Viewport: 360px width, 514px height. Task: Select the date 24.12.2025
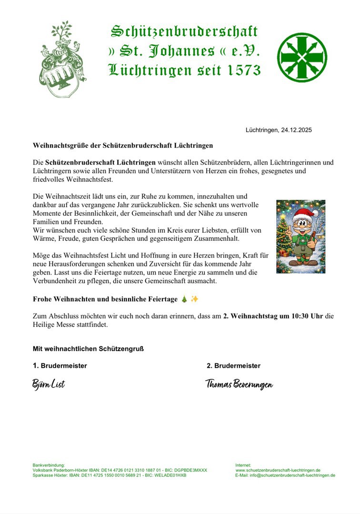[x=296, y=129]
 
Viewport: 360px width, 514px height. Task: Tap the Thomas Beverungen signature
[x=239, y=384]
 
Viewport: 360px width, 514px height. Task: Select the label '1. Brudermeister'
[x=60, y=366]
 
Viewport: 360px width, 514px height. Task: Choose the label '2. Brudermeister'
[x=233, y=366]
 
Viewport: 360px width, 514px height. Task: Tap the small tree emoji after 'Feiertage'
[x=184, y=299]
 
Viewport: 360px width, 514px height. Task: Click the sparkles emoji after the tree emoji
[x=194, y=299]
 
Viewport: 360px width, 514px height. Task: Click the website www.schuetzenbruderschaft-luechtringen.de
[x=278, y=470]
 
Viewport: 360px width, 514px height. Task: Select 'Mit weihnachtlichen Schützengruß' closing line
[x=88, y=348]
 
